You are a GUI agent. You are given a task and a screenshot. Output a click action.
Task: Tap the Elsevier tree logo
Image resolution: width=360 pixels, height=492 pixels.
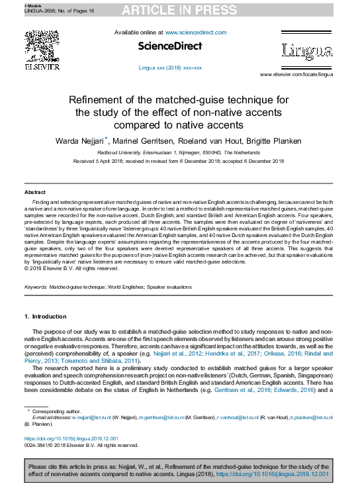tap(42, 49)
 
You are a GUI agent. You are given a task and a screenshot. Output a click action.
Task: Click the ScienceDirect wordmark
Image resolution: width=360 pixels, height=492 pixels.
tap(170, 46)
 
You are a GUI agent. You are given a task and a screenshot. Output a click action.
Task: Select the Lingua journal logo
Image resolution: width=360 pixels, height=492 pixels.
tap(307, 50)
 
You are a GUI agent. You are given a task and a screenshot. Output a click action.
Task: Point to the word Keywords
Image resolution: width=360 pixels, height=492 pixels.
tap(35, 287)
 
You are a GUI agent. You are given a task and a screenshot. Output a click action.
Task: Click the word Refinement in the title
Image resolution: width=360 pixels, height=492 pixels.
tap(101, 99)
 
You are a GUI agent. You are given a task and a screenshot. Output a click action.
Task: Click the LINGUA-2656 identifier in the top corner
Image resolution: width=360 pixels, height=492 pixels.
tap(20, 11)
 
